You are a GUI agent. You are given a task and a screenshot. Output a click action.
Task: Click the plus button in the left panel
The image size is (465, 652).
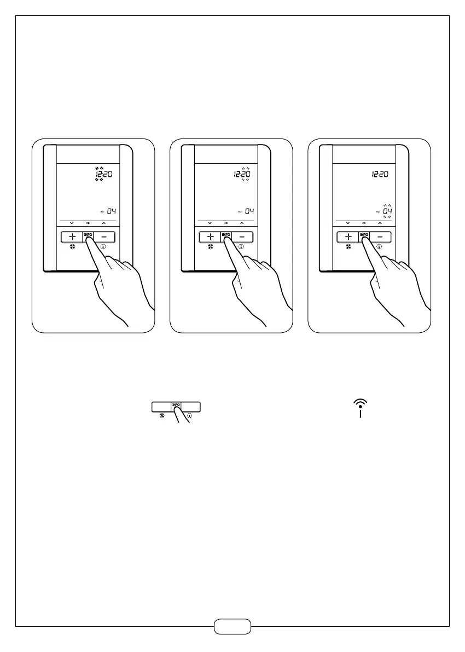pos(72,237)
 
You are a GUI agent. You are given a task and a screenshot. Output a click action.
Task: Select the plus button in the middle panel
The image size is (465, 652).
pos(210,237)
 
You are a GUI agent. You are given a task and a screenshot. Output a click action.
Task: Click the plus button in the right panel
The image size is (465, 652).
pos(347,237)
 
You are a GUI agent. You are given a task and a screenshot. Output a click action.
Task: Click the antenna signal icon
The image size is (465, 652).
pos(361,408)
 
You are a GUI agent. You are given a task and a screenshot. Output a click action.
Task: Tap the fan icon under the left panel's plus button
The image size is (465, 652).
pos(72,247)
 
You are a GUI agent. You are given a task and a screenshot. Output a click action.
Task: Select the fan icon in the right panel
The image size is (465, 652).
pos(347,247)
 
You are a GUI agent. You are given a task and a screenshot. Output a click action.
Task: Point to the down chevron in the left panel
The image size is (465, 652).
pos(72,223)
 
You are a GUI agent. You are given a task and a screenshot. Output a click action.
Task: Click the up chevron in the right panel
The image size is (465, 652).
pos(379,223)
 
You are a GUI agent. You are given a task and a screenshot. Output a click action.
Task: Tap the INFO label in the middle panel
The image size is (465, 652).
pos(225,234)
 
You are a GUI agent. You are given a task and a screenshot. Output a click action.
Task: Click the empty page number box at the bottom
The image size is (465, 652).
pos(233,626)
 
